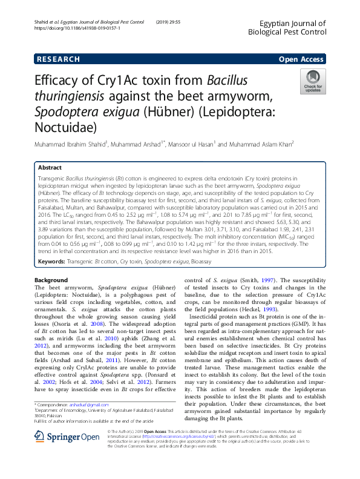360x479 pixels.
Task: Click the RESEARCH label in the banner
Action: [58, 59]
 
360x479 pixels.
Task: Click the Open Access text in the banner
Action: [301, 59]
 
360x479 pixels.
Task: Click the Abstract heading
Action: [50, 167]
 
